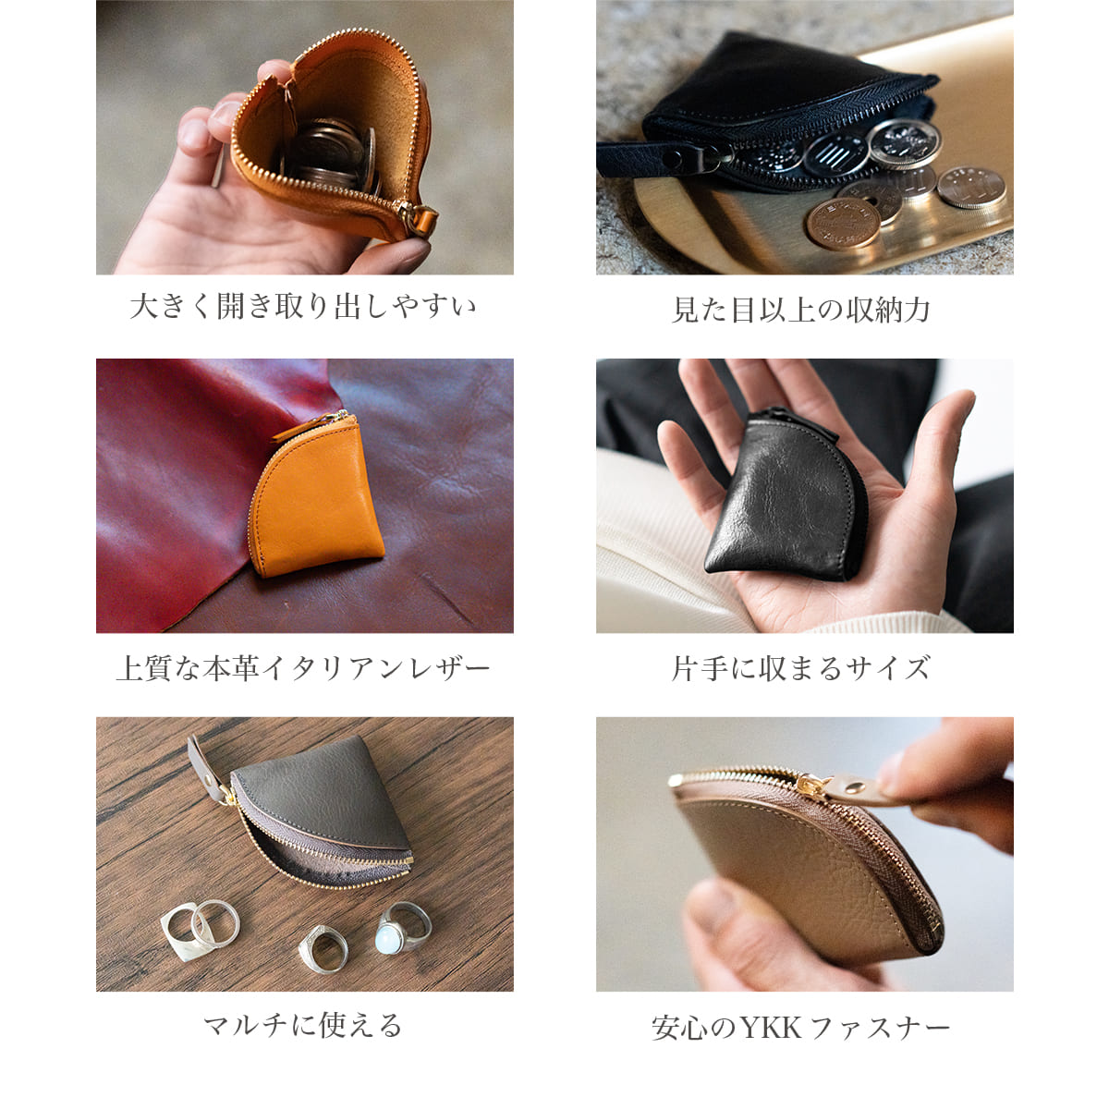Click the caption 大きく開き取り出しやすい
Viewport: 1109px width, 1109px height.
(303, 306)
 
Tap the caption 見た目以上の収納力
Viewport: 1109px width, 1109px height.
(800, 310)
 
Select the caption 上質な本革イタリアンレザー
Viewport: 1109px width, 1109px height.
(303, 667)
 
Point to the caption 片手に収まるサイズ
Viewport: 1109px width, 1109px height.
(800, 667)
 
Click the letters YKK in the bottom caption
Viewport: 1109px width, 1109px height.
(771, 1028)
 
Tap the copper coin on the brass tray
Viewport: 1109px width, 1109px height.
(843, 224)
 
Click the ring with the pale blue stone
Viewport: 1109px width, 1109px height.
(403, 927)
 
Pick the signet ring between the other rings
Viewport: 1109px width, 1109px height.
(323, 948)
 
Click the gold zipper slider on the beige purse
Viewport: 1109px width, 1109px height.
(812, 785)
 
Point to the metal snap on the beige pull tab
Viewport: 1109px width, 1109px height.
(856, 785)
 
